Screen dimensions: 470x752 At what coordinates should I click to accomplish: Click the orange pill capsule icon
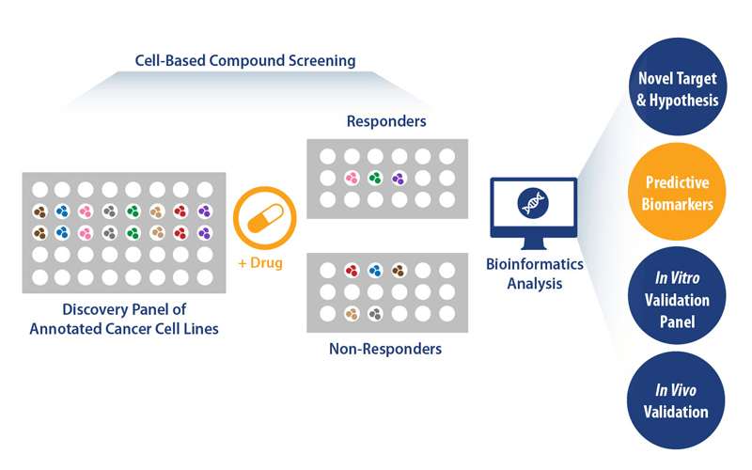click(x=264, y=217)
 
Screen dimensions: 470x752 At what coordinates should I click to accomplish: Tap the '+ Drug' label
click(x=259, y=263)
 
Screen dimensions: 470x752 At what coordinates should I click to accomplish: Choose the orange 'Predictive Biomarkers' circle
click(x=677, y=192)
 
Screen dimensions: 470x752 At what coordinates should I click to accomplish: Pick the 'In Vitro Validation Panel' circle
click(x=677, y=300)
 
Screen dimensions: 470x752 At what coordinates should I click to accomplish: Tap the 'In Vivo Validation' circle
click(x=677, y=399)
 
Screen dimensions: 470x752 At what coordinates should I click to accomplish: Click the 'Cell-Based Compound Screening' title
click(x=245, y=61)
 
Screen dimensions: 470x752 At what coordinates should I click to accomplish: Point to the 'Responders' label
click(x=386, y=121)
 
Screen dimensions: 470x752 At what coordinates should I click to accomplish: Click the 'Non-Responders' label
click(x=385, y=349)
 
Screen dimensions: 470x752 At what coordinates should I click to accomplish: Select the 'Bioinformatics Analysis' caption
click(x=534, y=274)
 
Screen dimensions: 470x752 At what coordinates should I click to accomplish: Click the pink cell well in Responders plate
click(x=352, y=178)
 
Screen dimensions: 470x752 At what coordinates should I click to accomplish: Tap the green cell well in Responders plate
click(x=375, y=178)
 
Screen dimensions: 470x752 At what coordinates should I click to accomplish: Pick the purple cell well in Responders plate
click(x=399, y=178)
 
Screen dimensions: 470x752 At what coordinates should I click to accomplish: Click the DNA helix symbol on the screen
click(x=533, y=201)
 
